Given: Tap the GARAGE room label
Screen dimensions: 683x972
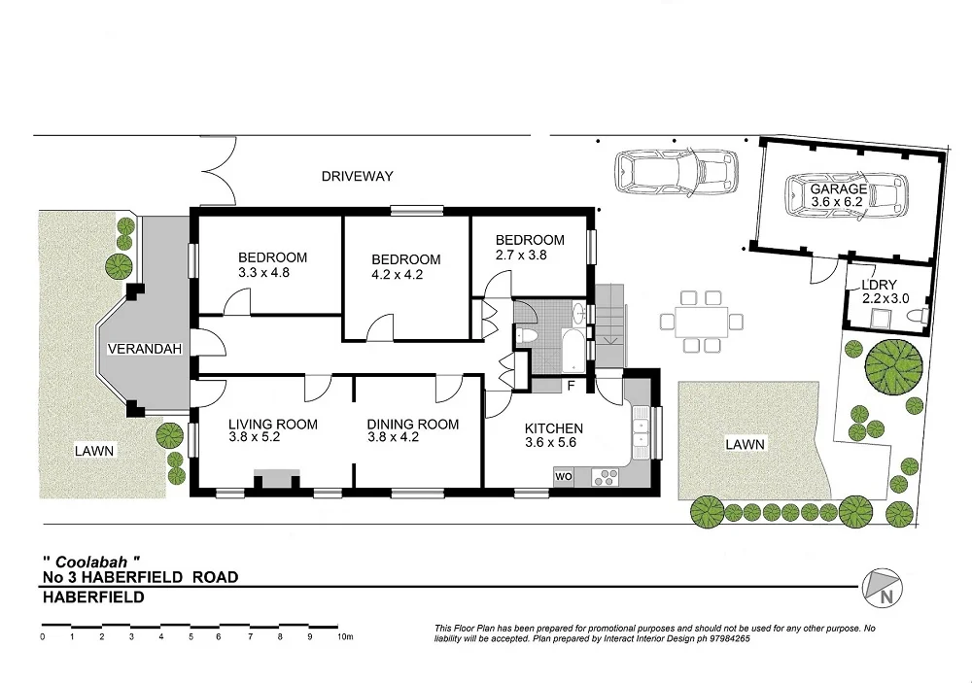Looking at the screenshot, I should [840, 188].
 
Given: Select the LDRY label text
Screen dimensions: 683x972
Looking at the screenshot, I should [864, 285].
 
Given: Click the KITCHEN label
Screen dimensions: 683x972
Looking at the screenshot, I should [553, 428].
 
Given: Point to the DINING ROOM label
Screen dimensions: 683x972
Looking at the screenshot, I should [412, 424].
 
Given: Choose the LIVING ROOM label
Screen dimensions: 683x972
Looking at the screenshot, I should [273, 424].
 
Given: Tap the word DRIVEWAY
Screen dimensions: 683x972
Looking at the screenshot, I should [358, 176].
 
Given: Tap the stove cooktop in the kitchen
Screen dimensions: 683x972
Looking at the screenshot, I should [605, 476].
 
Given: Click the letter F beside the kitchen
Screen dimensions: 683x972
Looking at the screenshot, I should [572, 386].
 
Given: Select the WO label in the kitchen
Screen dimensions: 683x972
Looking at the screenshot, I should [564, 476].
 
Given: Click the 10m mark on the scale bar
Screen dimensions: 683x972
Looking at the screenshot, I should [343, 637].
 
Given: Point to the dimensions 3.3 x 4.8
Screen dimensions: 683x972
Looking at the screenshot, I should [264, 273].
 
